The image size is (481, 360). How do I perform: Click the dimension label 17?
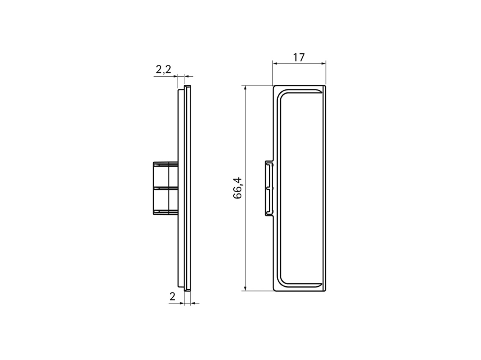click(299, 57)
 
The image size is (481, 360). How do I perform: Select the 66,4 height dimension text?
click(238, 188)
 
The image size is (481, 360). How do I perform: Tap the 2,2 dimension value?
click(163, 69)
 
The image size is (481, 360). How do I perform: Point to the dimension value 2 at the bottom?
click(172, 296)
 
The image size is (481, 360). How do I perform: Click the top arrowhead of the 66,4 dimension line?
click(245, 88)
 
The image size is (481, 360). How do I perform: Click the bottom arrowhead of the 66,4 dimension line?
click(245, 288)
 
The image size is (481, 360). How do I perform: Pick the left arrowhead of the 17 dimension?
click(275, 64)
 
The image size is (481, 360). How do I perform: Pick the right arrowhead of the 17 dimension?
click(323, 64)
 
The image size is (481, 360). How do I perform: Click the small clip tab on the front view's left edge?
click(269, 188)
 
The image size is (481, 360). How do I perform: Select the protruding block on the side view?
click(165, 188)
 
